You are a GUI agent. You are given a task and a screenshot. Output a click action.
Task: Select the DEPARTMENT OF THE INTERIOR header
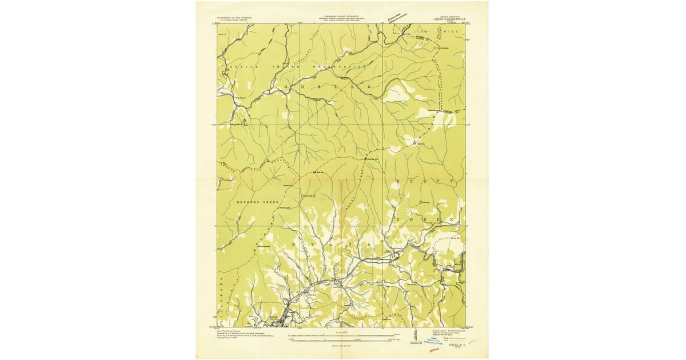point(236,18)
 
